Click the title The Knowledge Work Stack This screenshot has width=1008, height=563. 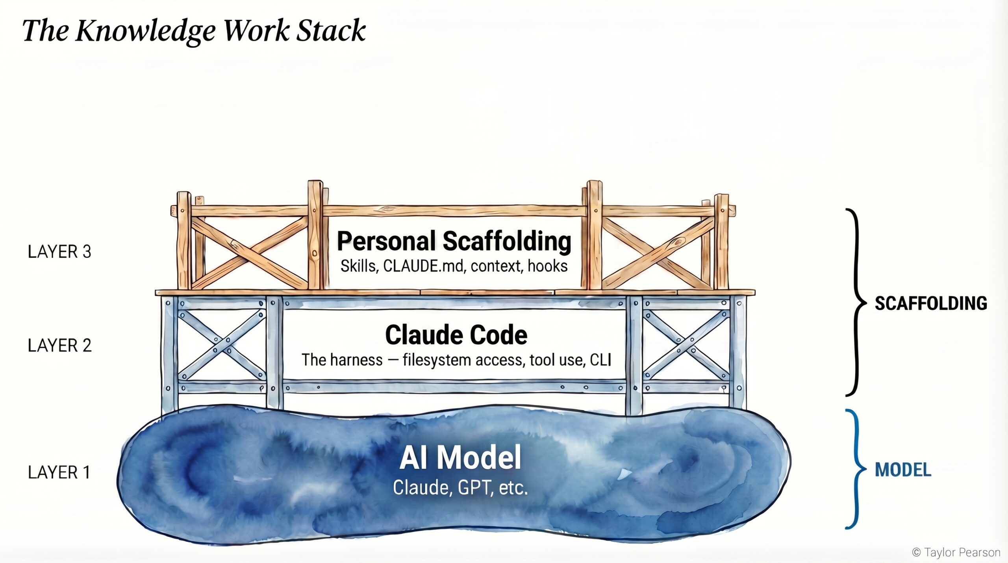194,31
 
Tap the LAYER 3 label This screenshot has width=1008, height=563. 59,252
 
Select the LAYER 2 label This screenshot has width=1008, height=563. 59,346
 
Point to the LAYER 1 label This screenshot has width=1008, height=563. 59,472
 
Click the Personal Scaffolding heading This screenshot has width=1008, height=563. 454,241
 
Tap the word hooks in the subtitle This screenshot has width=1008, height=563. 548,266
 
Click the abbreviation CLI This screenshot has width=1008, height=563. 600,360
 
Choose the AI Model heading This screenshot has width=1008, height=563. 460,457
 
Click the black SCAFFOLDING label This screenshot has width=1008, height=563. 931,303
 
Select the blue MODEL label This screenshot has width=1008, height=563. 903,470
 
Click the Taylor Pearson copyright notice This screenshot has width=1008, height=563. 956,553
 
